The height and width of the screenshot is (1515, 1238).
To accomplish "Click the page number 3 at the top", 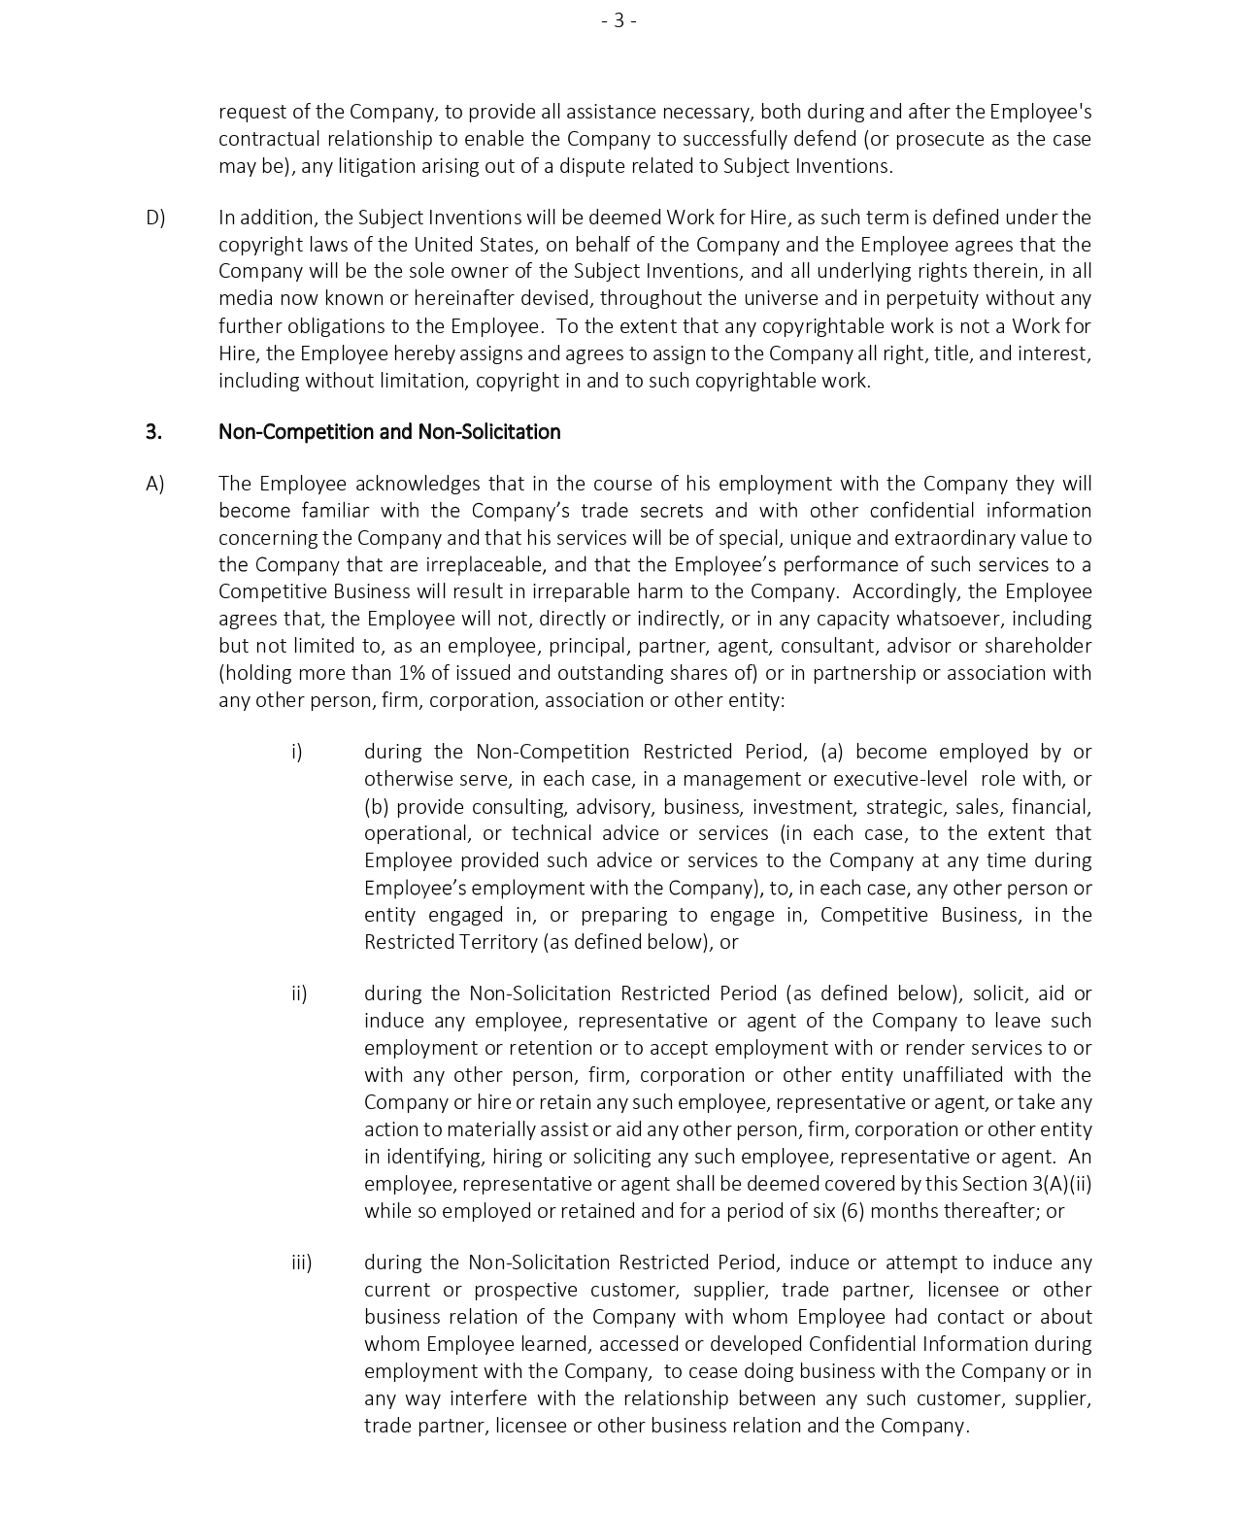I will [619, 20].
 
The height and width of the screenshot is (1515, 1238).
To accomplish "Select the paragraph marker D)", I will [155, 218].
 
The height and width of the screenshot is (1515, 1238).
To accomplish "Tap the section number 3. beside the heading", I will [153, 432].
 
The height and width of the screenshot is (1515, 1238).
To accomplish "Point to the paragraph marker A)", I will [155, 484].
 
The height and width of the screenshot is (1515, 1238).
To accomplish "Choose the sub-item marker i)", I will [297, 752].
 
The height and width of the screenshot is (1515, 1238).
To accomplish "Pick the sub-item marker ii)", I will [299, 993].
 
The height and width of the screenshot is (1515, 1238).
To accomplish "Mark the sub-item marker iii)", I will [301, 1262].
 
